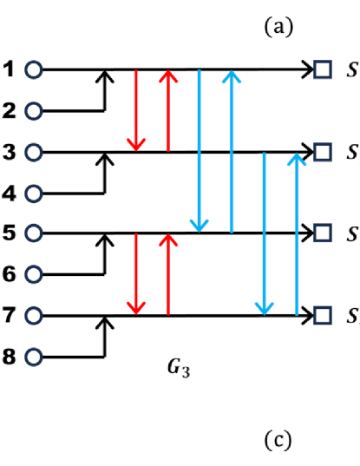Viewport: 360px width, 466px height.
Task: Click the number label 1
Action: tap(9, 69)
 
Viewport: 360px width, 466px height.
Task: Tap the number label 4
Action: tap(9, 194)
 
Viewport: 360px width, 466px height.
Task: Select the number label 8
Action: tap(9, 355)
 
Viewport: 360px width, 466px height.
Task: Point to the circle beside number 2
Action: tap(34, 111)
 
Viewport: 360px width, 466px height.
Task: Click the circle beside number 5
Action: tap(34, 233)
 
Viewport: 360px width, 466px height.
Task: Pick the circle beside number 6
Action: tap(34, 274)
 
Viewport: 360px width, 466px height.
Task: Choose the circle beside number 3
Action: tap(34, 152)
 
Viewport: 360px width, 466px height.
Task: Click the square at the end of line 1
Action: tap(323, 69)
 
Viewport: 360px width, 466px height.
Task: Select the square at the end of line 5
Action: tap(323, 233)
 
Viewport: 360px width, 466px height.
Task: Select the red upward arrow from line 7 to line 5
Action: tap(167, 273)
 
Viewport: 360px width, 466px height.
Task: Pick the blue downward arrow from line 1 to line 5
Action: tap(200, 151)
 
